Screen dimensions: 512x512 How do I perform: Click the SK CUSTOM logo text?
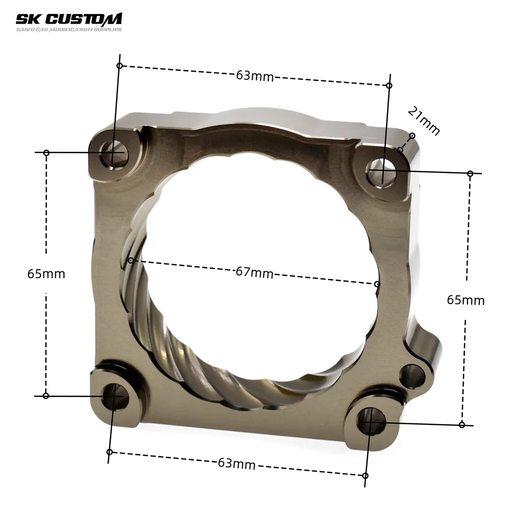pos(69,19)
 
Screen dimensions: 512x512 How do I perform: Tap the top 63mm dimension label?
pos(254,76)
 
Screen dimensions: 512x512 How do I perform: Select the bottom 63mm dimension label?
pos(237,464)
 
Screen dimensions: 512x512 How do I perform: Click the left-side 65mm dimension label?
pos(47,273)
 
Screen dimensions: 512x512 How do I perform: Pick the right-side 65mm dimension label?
pos(465,300)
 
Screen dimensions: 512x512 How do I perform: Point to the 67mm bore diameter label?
pos(254,272)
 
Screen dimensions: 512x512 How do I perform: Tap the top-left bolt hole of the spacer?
pos(113,153)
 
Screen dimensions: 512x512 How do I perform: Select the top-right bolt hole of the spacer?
pos(381,170)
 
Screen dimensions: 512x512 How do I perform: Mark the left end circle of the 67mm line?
pos(131,261)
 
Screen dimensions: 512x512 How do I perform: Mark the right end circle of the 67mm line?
pos(377,284)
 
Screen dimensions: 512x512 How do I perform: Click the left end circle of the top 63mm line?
pos(119,66)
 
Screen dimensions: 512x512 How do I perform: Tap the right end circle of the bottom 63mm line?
pos(365,476)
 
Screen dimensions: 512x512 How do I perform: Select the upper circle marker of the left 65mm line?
pos(46,153)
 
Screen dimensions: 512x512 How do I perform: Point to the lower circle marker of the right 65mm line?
pos(462,424)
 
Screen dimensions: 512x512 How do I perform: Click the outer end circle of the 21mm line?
pos(412,136)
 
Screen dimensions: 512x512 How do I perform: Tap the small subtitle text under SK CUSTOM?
pos(69,30)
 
